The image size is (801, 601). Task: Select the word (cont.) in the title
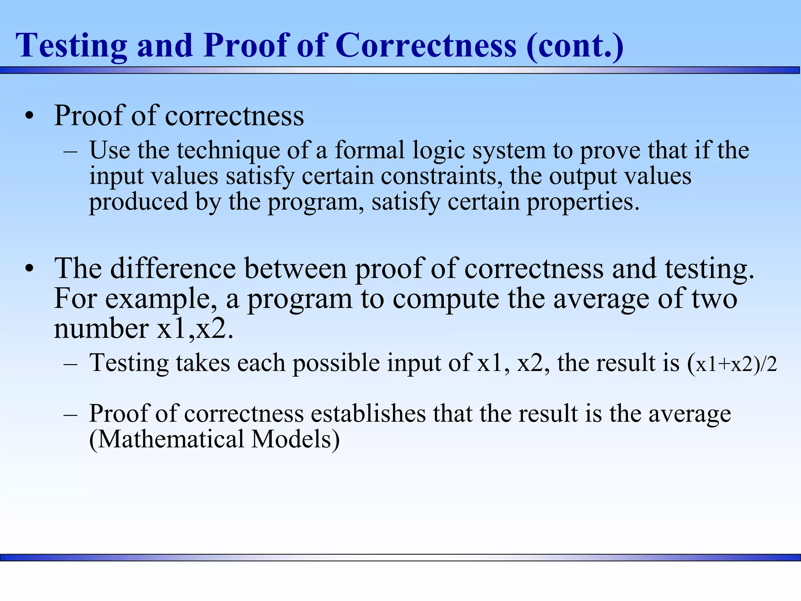[x=575, y=46]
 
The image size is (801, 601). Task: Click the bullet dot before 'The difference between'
[x=29, y=269]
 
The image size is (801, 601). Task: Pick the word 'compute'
[x=446, y=299]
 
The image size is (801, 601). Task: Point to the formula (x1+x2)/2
[x=732, y=364]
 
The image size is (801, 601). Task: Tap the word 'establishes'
[x=368, y=414]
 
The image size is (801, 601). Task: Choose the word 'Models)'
[x=296, y=439]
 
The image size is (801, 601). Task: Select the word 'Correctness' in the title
[x=426, y=46]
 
